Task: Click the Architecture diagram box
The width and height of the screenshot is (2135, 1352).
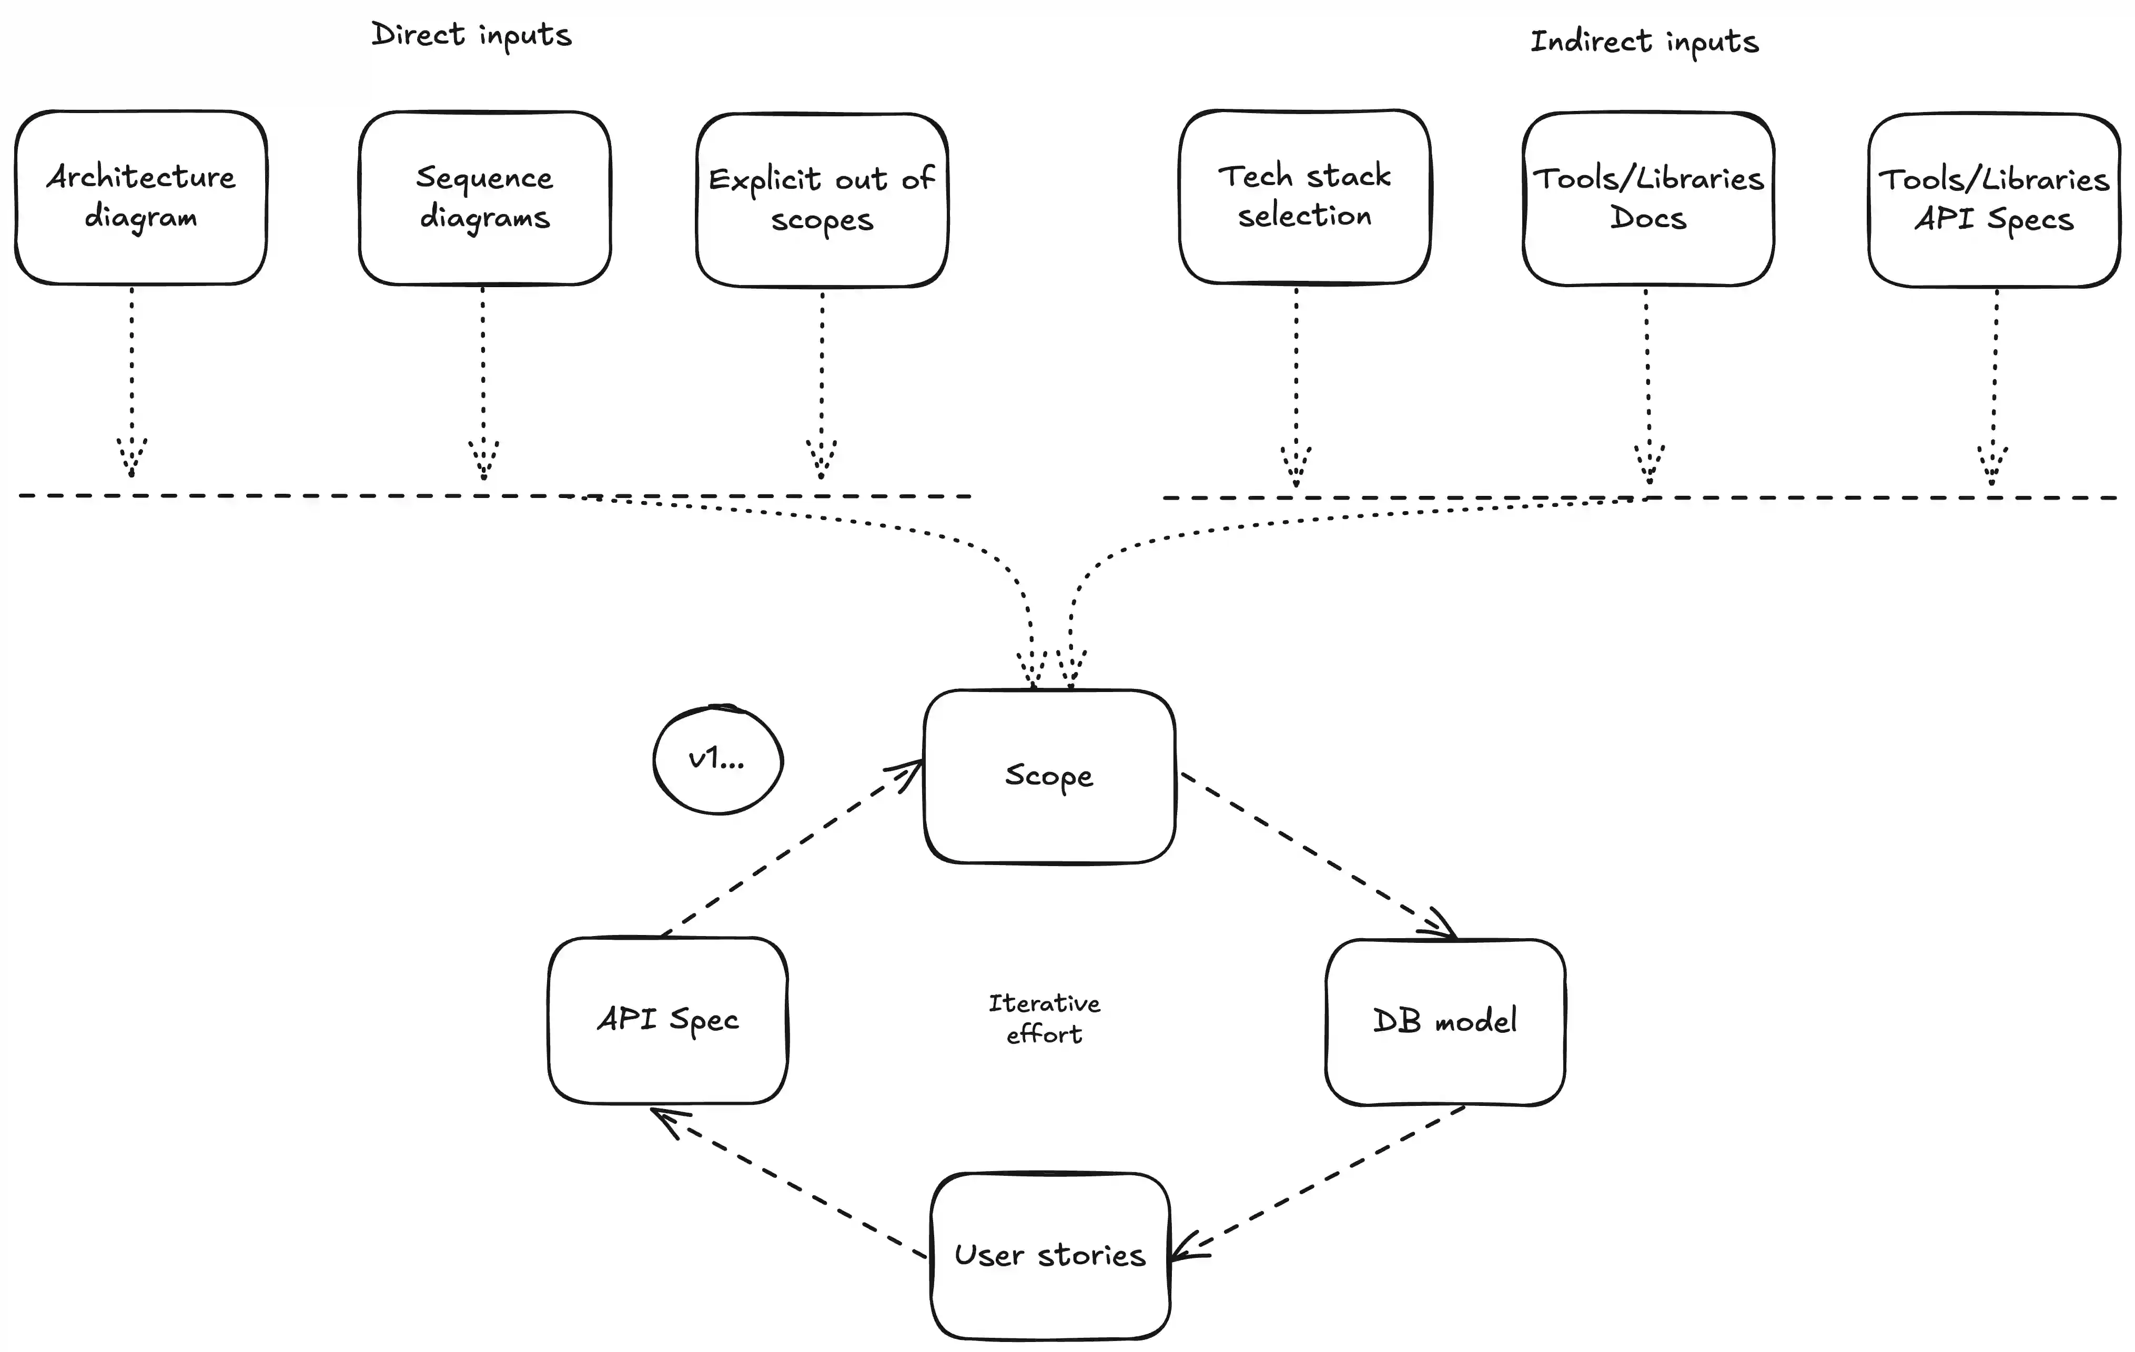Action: click(x=141, y=197)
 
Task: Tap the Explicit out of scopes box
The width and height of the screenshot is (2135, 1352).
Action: click(x=822, y=199)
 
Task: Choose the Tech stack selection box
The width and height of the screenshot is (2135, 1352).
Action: click(x=1304, y=196)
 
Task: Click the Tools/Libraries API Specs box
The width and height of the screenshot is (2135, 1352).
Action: click(x=1993, y=199)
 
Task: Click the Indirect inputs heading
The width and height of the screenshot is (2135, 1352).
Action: click(x=1645, y=42)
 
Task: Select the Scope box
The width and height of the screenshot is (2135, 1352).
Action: click(x=1049, y=776)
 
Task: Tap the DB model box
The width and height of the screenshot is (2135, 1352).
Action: click(x=1444, y=1021)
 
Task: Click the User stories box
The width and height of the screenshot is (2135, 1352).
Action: click(x=1050, y=1255)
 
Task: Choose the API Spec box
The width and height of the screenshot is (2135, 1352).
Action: click(x=667, y=1020)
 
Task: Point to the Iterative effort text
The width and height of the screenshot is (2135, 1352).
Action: click(x=1045, y=1019)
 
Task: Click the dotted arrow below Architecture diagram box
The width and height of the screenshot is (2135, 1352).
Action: click(x=132, y=381)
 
